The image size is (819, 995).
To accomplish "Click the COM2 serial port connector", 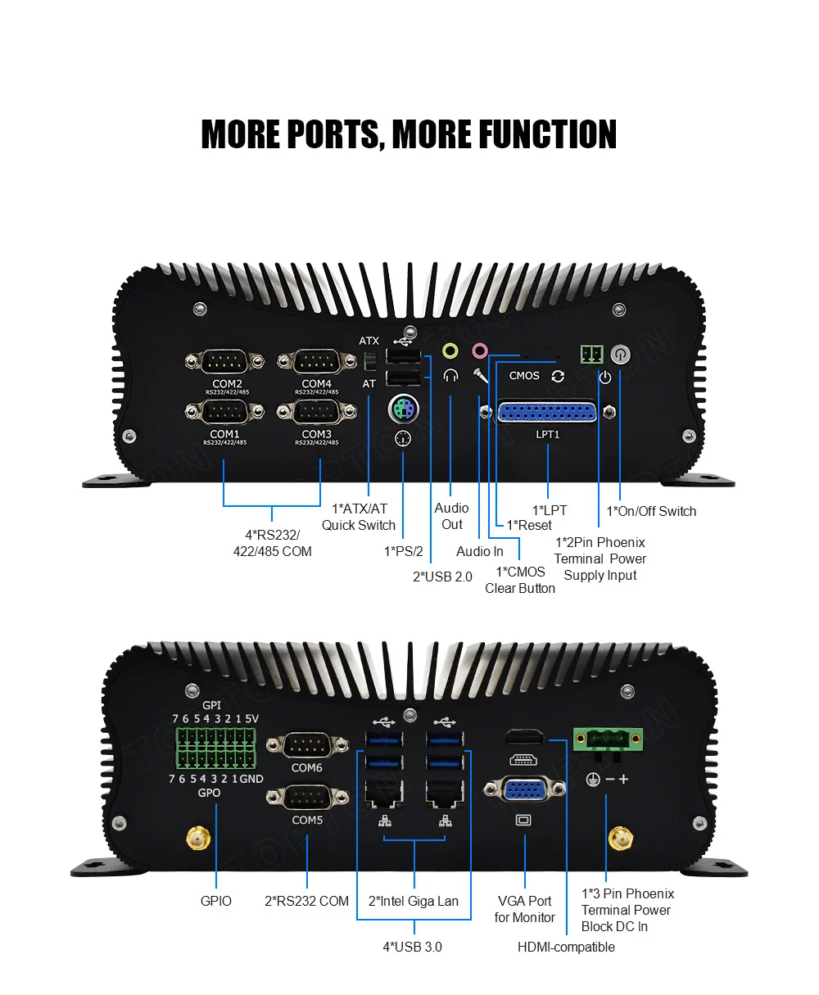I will pyautogui.click(x=225, y=361).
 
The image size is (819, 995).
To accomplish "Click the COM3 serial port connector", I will pyautogui.click(x=316, y=412).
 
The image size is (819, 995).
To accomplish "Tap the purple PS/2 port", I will pyautogui.click(x=402, y=408).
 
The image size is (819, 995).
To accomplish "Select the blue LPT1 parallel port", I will pyautogui.click(x=547, y=412).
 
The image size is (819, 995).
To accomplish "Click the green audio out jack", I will pyautogui.click(x=450, y=351).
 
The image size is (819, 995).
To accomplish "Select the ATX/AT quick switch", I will pyautogui.click(x=369, y=360).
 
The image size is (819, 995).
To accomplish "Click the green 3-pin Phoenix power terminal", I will pyautogui.click(x=608, y=740).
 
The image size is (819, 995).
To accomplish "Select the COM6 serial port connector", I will pyautogui.click(x=306, y=746).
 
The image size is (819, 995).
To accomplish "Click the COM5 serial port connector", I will pyautogui.click(x=306, y=798).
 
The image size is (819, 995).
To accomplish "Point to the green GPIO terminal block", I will pyautogui.click(x=215, y=746).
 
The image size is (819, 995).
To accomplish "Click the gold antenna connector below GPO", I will pyautogui.click(x=198, y=839).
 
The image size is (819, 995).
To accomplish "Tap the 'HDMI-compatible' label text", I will pyautogui.click(x=566, y=947).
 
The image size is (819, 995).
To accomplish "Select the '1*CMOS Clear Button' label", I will pyautogui.click(x=520, y=580).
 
